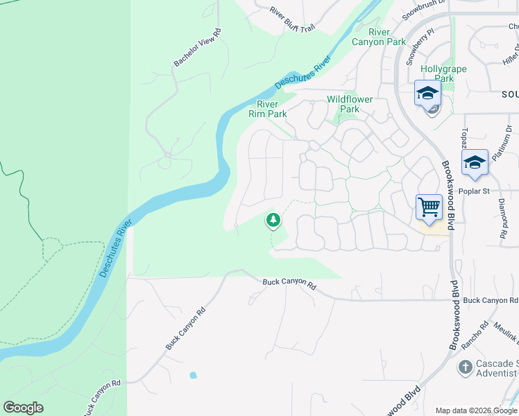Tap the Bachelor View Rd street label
coord(197,48)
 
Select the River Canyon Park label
coord(378,37)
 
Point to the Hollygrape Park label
coord(444,73)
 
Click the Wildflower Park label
coord(350,104)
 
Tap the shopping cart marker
coord(429,207)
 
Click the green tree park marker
coord(273,220)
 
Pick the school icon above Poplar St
coord(475,163)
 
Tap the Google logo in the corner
coord(23,408)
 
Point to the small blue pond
coord(193,375)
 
